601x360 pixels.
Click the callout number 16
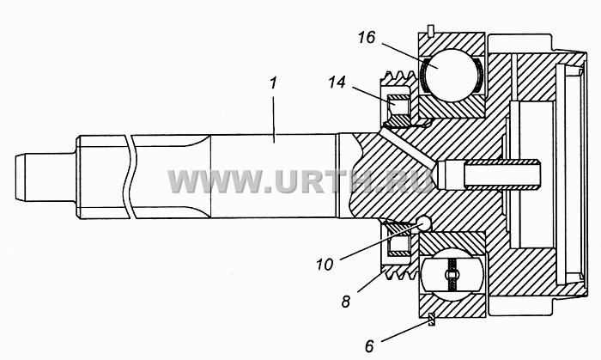[367, 38]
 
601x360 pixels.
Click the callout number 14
[337, 82]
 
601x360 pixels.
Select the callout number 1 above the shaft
[273, 83]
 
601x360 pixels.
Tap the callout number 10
[325, 264]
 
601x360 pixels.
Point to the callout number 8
[346, 302]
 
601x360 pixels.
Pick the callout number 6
[369, 346]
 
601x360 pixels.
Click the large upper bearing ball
[452, 75]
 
